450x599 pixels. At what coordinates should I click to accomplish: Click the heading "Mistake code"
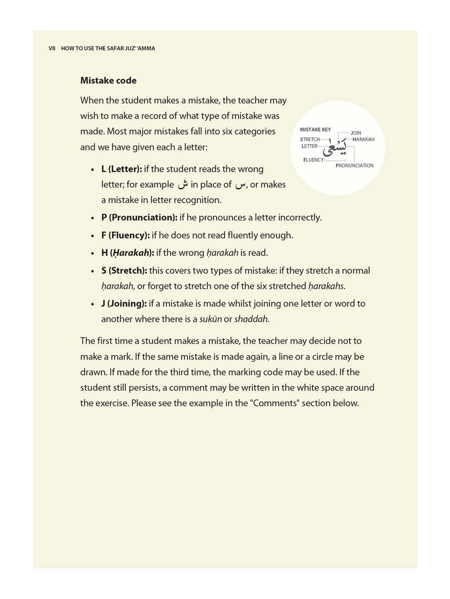tap(108, 81)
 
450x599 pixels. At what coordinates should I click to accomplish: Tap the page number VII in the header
tap(52, 49)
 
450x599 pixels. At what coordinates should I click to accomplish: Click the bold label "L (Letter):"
tap(122, 169)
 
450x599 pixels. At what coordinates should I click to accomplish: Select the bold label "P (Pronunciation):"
tap(139, 218)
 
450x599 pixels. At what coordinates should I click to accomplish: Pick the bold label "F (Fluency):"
tap(125, 235)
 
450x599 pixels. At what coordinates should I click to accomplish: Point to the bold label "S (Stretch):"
tap(124, 271)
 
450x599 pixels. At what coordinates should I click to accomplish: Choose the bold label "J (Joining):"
tap(124, 304)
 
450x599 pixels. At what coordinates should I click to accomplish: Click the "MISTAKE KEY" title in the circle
tap(315, 130)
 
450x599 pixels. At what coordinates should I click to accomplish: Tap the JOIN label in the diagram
tap(356, 133)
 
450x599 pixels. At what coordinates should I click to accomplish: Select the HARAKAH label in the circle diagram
tap(363, 139)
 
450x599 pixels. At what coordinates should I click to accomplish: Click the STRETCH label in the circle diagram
tap(310, 139)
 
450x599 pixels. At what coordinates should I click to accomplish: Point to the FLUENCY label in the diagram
tap(313, 160)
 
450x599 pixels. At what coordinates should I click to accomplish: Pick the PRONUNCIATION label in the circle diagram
tap(355, 166)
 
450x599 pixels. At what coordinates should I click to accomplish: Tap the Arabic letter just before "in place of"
tap(183, 185)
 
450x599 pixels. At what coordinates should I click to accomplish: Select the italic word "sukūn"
tap(210, 319)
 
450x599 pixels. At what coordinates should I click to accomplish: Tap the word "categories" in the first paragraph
tap(255, 131)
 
